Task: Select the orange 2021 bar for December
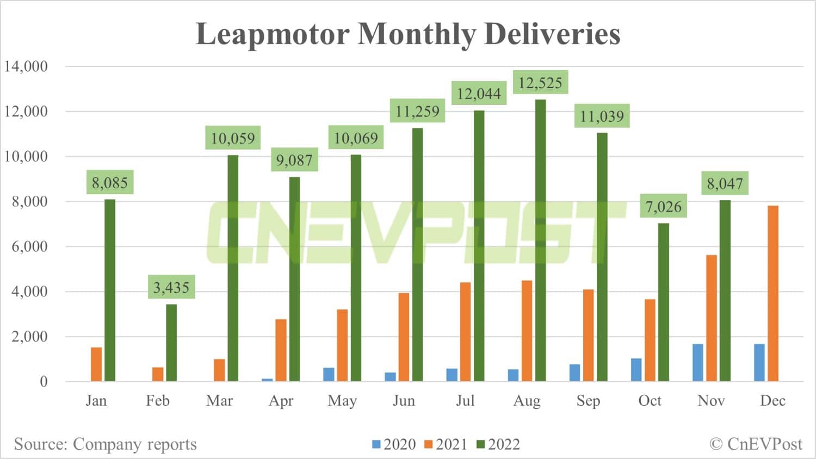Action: (772, 293)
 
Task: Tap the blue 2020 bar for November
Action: (697, 362)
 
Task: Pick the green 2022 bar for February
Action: (171, 343)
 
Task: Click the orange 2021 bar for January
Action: (96, 364)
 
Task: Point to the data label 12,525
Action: (540, 83)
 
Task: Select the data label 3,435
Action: (171, 287)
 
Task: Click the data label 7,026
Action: (663, 207)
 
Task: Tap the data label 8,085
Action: (110, 183)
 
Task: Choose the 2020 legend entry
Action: (394, 444)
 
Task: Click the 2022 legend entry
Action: (498, 444)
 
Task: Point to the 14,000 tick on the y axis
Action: (26, 66)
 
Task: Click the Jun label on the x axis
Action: (404, 401)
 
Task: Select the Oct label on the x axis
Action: (650, 401)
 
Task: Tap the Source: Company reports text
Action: (105, 444)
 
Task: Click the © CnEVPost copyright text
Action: (756, 444)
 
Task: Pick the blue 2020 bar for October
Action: (636, 370)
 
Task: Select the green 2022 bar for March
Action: (233, 268)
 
